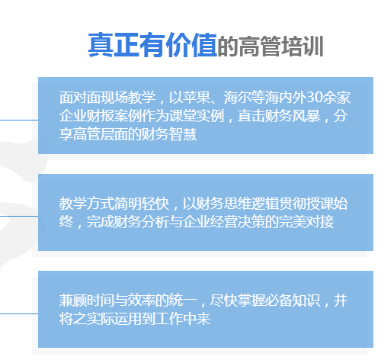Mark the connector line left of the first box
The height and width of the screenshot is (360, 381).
(19, 120)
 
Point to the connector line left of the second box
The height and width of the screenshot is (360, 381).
(19, 216)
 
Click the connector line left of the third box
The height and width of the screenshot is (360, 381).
(19, 313)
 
